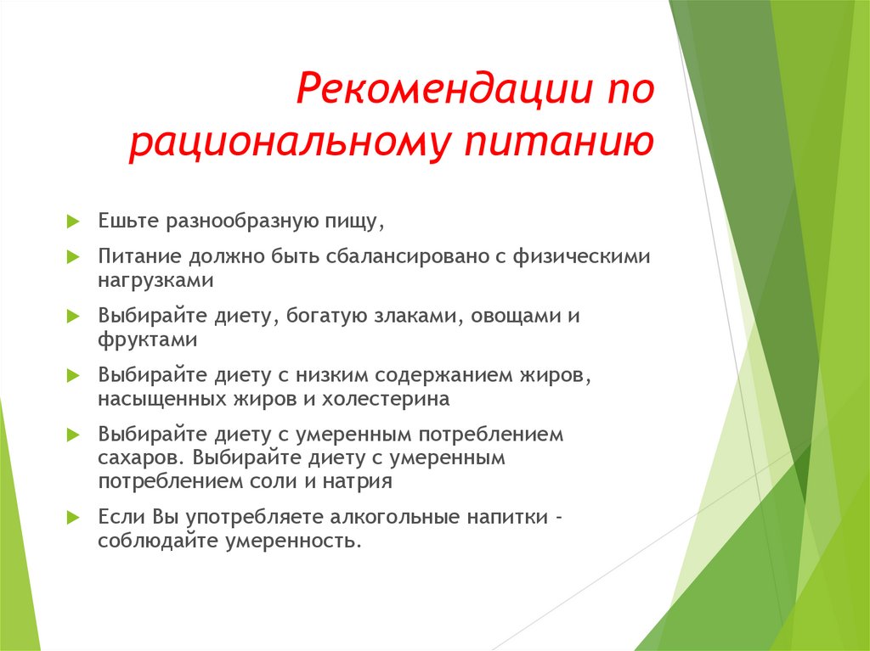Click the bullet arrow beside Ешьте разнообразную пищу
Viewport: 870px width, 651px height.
(x=73, y=222)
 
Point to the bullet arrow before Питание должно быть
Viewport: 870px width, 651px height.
(x=73, y=256)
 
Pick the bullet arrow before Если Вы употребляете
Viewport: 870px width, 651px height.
(x=73, y=518)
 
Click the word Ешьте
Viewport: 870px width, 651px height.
(x=129, y=220)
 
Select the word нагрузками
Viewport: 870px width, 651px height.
(x=156, y=281)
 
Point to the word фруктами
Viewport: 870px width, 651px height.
(x=148, y=339)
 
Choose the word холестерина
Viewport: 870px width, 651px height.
(x=387, y=399)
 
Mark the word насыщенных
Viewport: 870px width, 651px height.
(x=162, y=399)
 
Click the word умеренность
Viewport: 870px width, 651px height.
(x=294, y=541)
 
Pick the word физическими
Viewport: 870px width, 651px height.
(x=581, y=256)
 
